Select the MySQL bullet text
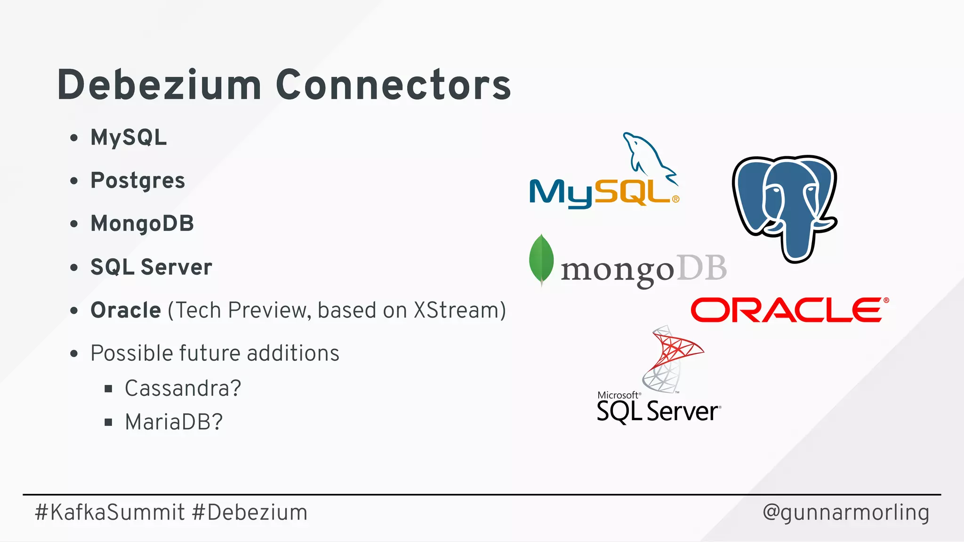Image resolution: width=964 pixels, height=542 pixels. click(129, 137)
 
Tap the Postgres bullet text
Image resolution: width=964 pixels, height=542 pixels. click(137, 181)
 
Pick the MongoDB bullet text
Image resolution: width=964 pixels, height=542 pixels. click(142, 223)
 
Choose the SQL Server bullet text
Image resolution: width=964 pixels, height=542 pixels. click(151, 267)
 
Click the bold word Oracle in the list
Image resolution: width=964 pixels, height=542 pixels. click(126, 311)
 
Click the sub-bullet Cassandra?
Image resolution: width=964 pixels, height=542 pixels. click(183, 389)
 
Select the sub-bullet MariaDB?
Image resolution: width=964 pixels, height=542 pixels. click(174, 422)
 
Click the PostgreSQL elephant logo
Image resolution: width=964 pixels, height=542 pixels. click(785, 207)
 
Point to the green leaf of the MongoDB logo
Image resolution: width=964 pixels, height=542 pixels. click(541, 259)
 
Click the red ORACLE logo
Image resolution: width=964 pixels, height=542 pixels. click(789, 310)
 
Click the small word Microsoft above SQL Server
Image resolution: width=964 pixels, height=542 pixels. click(618, 395)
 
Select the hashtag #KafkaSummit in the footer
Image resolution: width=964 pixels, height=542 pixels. click(110, 512)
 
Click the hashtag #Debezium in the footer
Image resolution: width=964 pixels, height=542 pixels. click(250, 512)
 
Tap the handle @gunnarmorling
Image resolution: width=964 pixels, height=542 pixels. click(846, 512)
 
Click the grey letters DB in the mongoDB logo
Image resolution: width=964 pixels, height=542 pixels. click(701, 269)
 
